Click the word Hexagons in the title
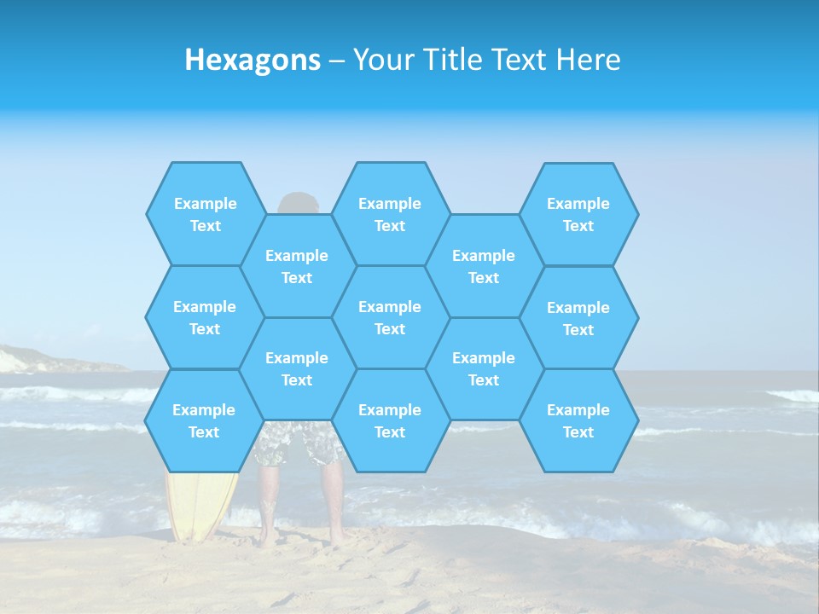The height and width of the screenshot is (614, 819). tap(253, 60)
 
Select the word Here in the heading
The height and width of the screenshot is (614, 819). tap(588, 60)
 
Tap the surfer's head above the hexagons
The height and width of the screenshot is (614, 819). tap(298, 205)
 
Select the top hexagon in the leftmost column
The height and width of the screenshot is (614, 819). tap(205, 214)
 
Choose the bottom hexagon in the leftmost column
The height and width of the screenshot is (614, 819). tap(204, 420)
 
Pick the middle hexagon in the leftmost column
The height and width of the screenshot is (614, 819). tap(205, 317)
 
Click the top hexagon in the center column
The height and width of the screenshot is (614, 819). tap(390, 214)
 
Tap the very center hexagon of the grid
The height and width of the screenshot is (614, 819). tap(390, 317)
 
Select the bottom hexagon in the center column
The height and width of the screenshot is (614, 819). tap(390, 420)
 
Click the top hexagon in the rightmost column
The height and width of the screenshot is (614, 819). tap(578, 214)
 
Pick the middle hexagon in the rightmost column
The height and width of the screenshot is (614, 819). tap(578, 318)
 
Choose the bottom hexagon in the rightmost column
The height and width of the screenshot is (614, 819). tap(578, 420)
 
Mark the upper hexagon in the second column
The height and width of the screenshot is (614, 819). tap(297, 266)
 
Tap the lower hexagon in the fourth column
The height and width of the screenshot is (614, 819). tap(484, 368)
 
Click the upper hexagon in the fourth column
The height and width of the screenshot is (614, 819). tap(484, 266)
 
